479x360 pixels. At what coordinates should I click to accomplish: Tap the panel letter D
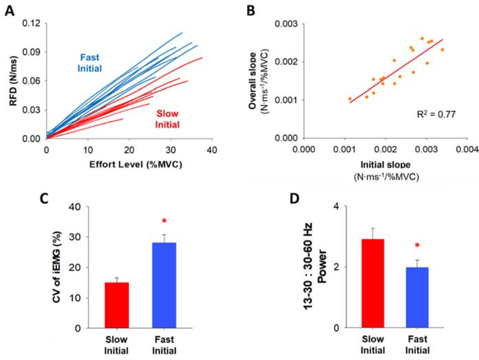coord(294,198)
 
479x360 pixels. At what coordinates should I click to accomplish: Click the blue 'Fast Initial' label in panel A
coord(90,63)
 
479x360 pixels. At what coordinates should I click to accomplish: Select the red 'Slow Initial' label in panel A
coord(167,119)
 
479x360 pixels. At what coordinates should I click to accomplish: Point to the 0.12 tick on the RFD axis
coord(31,23)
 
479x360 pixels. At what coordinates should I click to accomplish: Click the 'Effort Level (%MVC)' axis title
coord(136,164)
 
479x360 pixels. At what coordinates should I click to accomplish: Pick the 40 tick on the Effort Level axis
coord(212,150)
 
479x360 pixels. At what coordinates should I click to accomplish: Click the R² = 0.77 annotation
coord(436,114)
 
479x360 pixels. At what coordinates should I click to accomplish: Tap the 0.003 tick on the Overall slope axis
coord(286,24)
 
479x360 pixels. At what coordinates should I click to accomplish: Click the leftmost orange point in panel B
coord(350,99)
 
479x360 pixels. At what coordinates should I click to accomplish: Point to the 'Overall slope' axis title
coord(253,81)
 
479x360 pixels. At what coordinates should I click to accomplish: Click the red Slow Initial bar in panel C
coord(117,305)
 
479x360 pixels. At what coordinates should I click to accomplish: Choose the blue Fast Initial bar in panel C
coord(164,285)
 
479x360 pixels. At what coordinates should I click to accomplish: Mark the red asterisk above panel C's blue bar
coord(164,221)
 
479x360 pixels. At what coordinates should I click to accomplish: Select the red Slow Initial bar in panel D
coord(373,283)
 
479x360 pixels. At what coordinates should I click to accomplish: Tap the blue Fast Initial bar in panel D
coord(417,297)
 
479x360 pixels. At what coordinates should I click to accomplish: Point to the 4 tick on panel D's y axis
coord(336,206)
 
